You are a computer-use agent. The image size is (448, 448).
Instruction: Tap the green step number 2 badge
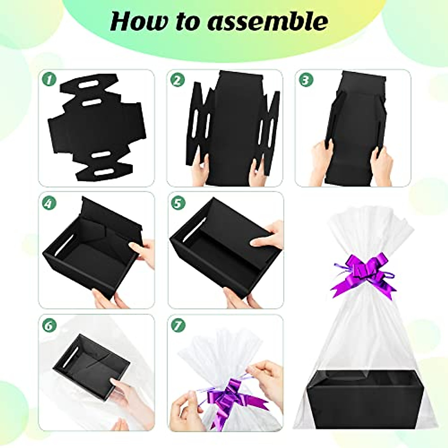pyautogui.click(x=178, y=80)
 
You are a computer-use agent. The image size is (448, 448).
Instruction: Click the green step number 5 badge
pyautogui.click(x=178, y=203)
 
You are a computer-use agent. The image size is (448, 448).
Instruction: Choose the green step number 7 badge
pyautogui.click(x=178, y=325)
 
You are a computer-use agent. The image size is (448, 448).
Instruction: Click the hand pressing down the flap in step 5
pyautogui.click(x=267, y=239)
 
